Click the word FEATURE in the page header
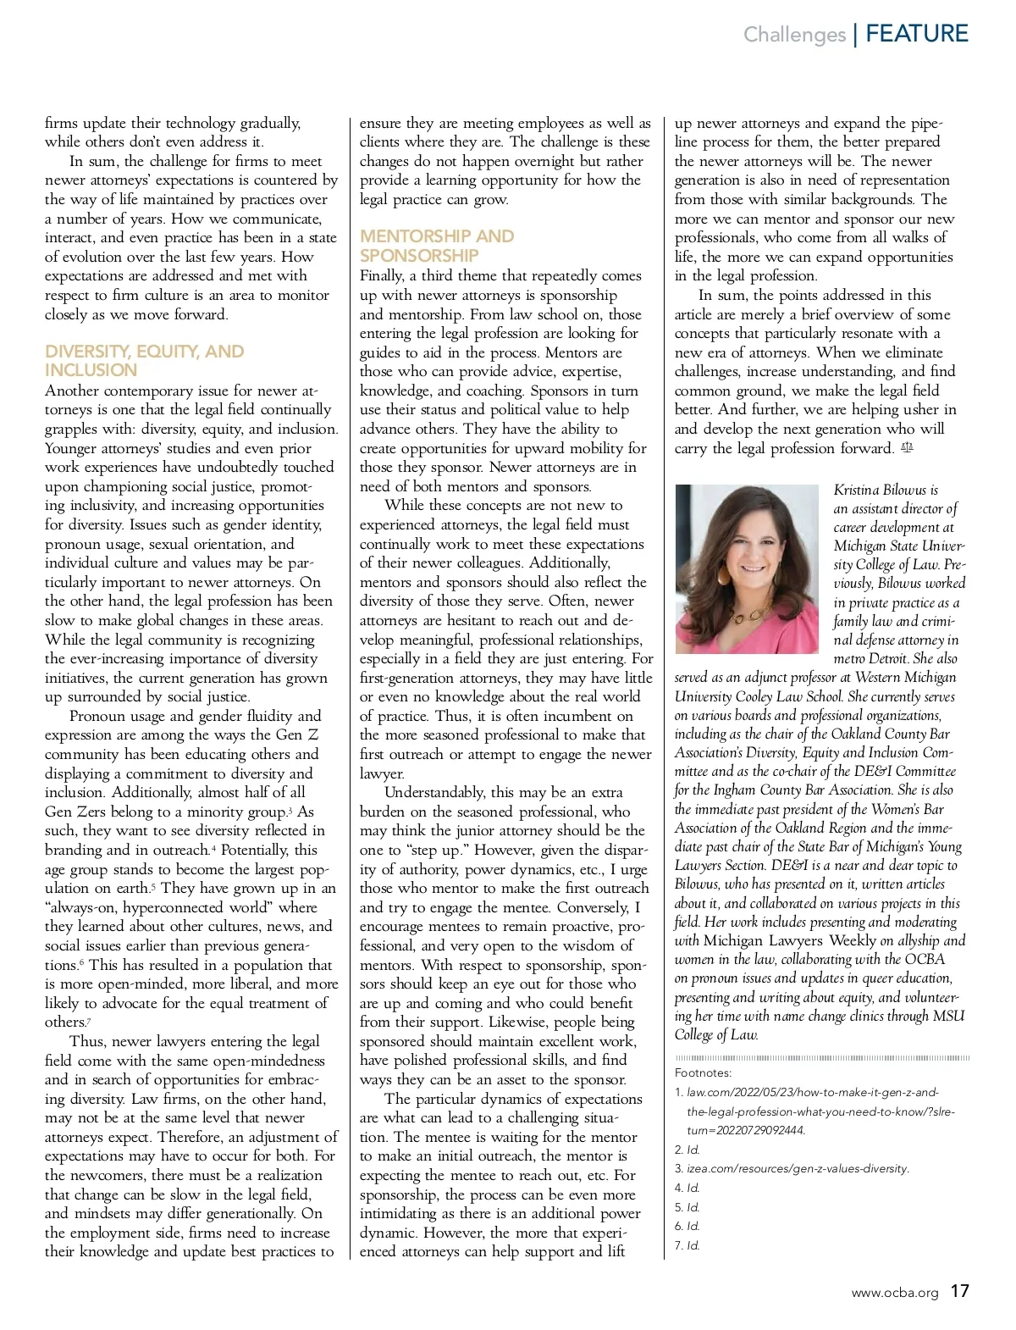[917, 34]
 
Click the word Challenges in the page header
[794, 35]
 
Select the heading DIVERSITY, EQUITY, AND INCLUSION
[144, 361]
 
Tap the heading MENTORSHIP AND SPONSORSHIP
[436, 246]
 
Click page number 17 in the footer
[958, 1292]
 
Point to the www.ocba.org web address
[895, 1293]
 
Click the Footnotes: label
[703, 1072]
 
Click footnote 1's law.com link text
[813, 1093]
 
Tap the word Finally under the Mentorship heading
[382, 276]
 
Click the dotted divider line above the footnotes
[821, 1058]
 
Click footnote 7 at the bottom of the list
[687, 1245]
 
